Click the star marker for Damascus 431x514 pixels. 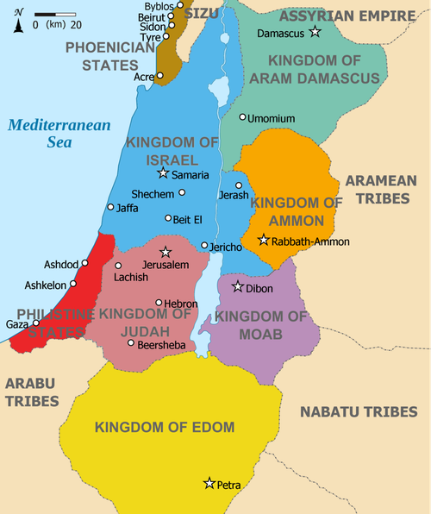click(x=315, y=32)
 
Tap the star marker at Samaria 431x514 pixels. click(x=163, y=174)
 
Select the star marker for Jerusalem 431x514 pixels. click(x=166, y=252)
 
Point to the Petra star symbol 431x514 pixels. click(x=209, y=484)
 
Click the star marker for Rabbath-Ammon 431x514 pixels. click(x=263, y=240)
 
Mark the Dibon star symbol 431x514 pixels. click(x=238, y=285)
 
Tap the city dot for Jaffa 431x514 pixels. click(x=110, y=207)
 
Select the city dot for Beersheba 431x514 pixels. click(x=130, y=343)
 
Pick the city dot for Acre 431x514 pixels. click(x=159, y=76)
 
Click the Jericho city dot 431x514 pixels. click(x=204, y=246)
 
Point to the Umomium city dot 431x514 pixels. click(x=242, y=116)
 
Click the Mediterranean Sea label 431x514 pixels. click(x=59, y=133)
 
